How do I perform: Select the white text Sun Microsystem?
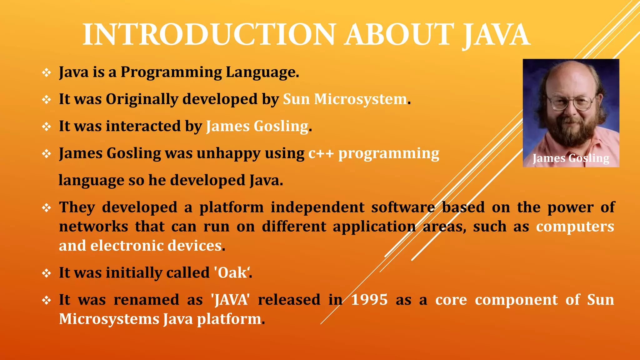345,99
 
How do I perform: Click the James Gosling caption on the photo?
571,158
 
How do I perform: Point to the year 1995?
369,300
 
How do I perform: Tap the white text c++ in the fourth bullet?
321,154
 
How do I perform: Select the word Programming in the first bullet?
171,72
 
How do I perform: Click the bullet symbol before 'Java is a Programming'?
47,73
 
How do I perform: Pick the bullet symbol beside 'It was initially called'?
47,273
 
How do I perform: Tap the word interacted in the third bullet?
143,126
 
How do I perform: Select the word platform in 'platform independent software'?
232,207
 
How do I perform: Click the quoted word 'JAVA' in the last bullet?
231,300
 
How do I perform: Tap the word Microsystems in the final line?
109,319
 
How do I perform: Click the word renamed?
146,300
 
